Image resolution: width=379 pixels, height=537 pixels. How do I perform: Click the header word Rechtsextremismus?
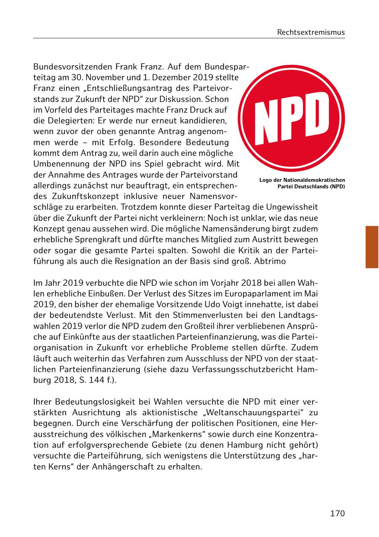point(311,32)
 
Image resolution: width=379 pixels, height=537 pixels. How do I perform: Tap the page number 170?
point(337,513)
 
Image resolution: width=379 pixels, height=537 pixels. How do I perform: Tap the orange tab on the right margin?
point(372,247)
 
